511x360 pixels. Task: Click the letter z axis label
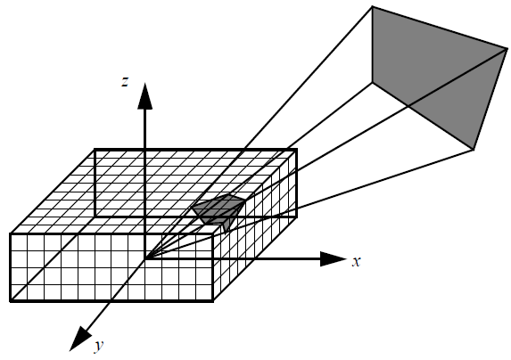(125, 82)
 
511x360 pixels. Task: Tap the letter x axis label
(357, 261)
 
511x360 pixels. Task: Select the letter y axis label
(99, 346)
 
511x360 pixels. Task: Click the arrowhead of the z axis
(145, 96)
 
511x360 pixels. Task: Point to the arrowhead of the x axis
(333, 259)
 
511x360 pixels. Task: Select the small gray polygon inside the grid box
(218, 211)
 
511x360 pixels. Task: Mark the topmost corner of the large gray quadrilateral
(372, 6)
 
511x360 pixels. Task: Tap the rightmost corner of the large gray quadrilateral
(507, 49)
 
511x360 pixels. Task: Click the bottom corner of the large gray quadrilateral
(474, 150)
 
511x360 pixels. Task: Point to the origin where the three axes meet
(145, 259)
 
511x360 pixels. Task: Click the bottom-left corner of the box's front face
(11, 301)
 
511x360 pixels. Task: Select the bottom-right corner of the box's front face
(213, 301)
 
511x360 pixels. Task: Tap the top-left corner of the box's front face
(11, 233)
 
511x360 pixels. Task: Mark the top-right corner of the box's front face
(213, 233)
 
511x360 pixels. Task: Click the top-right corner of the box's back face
(296, 150)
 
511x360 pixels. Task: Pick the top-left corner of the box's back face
(95, 150)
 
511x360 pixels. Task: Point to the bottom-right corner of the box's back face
(296, 217)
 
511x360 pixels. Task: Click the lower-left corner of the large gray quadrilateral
(373, 82)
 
